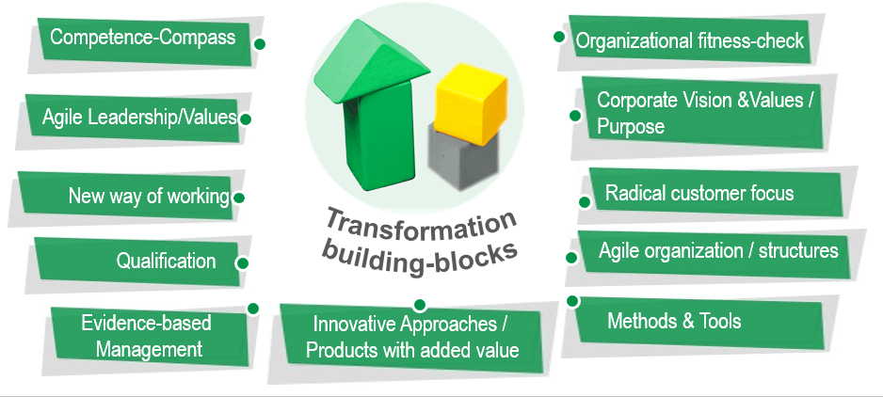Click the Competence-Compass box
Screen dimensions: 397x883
[x=143, y=40]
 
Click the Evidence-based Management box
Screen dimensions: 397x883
[x=145, y=336]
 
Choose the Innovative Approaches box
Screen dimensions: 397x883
[x=409, y=337]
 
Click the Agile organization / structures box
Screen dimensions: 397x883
[x=717, y=252]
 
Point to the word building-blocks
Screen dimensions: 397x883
[x=422, y=256]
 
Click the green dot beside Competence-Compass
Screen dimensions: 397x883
[x=260, y=43]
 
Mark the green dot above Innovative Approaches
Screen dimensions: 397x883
[x=420, y=304]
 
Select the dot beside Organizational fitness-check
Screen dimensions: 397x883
[x=558, y=37]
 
